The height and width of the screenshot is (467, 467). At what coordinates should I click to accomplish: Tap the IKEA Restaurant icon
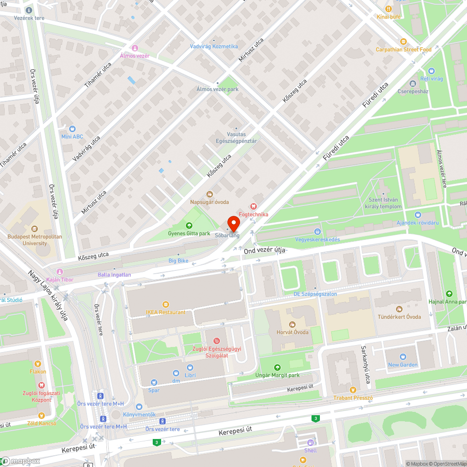tap(165, 304)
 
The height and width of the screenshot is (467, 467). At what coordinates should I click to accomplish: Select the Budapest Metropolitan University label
tap(35, 240)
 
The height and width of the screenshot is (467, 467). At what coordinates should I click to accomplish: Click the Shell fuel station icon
tap(310, 443)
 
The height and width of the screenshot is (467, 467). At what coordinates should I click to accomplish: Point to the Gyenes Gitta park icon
tap(189, 226)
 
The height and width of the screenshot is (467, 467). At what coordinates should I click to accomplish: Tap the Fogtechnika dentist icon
tap(254, 206)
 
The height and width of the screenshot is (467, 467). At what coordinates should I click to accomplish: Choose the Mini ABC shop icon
tap(72, 128)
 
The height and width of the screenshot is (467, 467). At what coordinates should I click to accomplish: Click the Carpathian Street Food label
tap(403, 50)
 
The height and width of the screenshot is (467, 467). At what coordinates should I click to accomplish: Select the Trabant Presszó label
tap(353, 398)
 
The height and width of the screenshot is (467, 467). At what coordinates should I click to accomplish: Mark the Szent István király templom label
tap(383, 203)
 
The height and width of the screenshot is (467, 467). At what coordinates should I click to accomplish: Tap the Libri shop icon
tap(190, 368)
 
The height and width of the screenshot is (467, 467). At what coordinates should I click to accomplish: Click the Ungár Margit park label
tap(277, 375)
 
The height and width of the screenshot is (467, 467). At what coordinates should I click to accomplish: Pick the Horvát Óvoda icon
tap(292, 324)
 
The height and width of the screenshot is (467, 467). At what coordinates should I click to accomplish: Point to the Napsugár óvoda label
tap(209, 202)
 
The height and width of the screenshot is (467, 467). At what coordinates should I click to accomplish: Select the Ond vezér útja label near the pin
tap(265, 251)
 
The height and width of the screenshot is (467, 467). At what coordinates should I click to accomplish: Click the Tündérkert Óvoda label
tap(399, 317)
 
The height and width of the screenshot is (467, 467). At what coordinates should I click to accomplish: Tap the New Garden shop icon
tap(403, 357)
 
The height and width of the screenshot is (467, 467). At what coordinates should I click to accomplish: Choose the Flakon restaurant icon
tap(37, 363)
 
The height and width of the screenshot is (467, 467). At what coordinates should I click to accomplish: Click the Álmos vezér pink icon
tap(135, 48)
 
